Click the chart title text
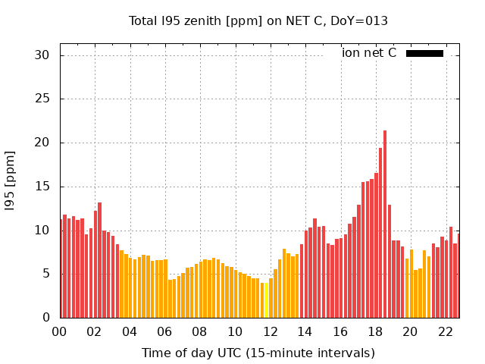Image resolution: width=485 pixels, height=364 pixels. [x=258, y=21]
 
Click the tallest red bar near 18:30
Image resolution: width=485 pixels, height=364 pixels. [x=385, y=224]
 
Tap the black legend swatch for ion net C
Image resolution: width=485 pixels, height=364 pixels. [x=424, y=53]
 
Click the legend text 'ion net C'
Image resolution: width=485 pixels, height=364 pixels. [x=369, y=53]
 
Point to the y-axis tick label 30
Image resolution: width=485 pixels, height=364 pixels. [x=42, y=55]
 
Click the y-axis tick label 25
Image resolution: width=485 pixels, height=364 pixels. [x=42, y=99]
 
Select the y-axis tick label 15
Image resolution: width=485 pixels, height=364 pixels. [x=42, y=187]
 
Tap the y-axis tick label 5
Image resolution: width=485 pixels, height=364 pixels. [x=45, y=274]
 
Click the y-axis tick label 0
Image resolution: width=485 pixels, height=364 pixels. [x=45, y=318]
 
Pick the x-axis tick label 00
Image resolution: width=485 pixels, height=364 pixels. [x=59, y=331]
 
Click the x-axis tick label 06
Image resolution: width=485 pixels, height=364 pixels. [x=164, y=331]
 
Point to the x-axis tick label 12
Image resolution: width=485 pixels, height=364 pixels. [x=270, y=331]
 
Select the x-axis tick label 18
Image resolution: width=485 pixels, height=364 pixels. [x=375, y=331]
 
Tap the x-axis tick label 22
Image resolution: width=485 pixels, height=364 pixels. [x=446, y=331]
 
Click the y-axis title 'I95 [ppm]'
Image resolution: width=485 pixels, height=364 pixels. [x=11, y=180]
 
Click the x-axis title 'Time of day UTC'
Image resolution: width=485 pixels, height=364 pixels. [x=258, y=353]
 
